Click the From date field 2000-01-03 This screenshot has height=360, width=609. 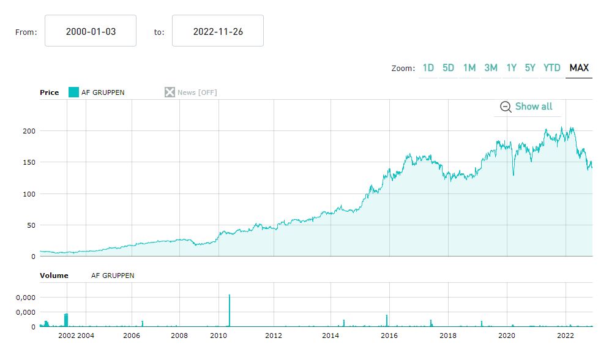(x=91, y=31)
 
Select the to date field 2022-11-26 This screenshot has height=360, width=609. (x=218, y=31)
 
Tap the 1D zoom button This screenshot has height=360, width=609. (x=428, y=68)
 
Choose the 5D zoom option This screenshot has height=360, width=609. (x=449, y=68)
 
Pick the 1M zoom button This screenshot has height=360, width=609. (x=469, y=68)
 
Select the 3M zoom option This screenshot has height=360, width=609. (x=491, y=68)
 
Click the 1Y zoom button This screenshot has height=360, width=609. (x=511, y=68)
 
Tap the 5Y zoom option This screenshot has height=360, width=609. (x=530, y=68)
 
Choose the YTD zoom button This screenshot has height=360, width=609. (x=552, y=68)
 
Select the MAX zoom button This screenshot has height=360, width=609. (x=579, y=68)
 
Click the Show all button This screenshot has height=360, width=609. (x=527, y=107)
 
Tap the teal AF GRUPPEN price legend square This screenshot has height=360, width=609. (x=73, y=92)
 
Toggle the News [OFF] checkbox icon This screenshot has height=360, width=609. (x=170, y=92)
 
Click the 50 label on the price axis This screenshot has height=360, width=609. (x=29, y=225)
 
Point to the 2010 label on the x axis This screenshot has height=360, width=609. (x=219, y=336)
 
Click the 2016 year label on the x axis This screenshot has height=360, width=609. (x=389, y=336)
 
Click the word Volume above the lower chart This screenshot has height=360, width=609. (x=54, y=276)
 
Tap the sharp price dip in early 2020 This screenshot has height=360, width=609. (x=513, y=173)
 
